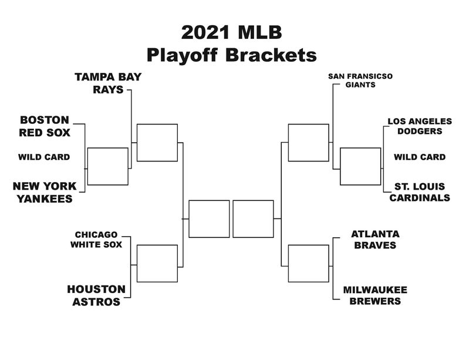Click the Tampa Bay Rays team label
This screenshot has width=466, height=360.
click(x=108, y=83)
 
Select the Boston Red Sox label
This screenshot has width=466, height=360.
click(x=44, y=126)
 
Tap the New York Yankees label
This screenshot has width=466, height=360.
click(x=45, y=193)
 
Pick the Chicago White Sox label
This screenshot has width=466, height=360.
click(x=96, y=239)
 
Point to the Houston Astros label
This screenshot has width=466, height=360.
click(x=96, y=295)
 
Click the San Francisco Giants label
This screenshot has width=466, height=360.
click(x=360, y=80)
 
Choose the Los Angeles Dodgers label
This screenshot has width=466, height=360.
click(x=420, y=126)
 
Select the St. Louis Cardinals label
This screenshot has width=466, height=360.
click(x=420, y=192)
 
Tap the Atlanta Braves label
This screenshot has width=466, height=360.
click(x=374, y=239)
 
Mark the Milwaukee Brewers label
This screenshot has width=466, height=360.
click(x=375, y=295)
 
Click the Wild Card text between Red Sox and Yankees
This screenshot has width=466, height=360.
click(x=44, y=157)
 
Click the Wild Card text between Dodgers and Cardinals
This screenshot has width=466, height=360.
click(x=419, y=157)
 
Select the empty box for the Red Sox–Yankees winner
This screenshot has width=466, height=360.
click(x=107, y=166)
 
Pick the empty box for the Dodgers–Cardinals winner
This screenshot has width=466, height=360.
click(x=360, y=166)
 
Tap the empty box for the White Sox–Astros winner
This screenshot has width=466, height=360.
click(x=157, y=263)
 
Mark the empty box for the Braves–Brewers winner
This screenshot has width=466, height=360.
click(x=308, y=263)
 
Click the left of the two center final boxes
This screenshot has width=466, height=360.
click(x=209, y=219)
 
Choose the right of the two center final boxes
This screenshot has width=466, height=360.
click(x=253, y=219)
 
